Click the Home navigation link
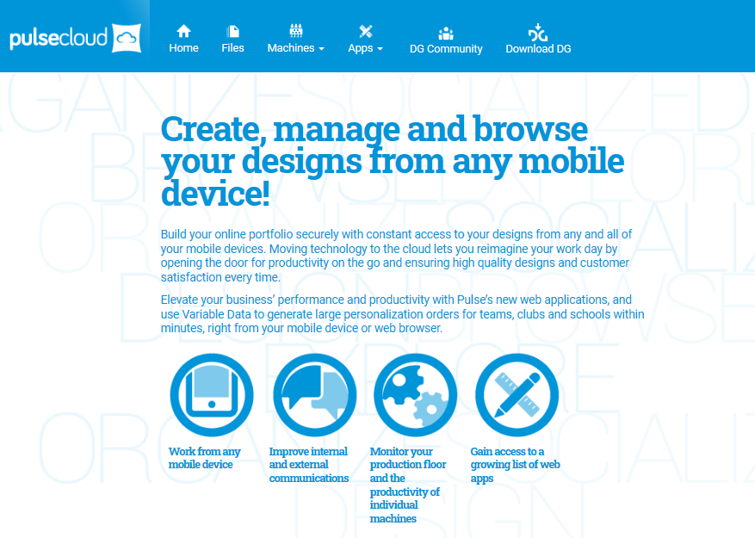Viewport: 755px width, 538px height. click(x=183, y=39)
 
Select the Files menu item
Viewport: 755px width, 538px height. click(x=232, y=39)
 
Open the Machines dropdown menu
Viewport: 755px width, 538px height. click(x=295, y=39)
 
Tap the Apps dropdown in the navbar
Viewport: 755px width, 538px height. click(x=366, y=39)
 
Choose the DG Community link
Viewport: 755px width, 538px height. click(x=446, y=40)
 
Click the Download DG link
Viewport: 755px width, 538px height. click(x=538, y=40)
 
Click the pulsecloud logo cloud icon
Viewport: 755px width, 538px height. click(x=127, y=38)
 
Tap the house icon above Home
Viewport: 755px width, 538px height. click(x=183, y=31)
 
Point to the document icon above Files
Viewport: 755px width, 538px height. click(x=232, y=31)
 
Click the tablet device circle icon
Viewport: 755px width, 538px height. click(x=212, y=395)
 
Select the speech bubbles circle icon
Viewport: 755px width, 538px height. click(x=315, y=395)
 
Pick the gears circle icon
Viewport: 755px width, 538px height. click(x=416, y=395)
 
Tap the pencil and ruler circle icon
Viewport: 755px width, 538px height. click(x=517, y=395)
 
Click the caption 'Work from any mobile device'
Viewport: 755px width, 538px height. click(x=204, y=458)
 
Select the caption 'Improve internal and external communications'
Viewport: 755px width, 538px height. click(x=309, y=465)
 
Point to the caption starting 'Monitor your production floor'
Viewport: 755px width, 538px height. click(x=408, y=485)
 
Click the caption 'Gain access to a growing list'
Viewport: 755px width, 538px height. click(x=515, y=465)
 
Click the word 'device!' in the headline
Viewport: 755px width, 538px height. click(x=215, y=193)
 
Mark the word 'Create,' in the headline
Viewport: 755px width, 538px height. click(x=214, y=130)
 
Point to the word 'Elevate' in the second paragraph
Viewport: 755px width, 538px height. click(x=179, y=300)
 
